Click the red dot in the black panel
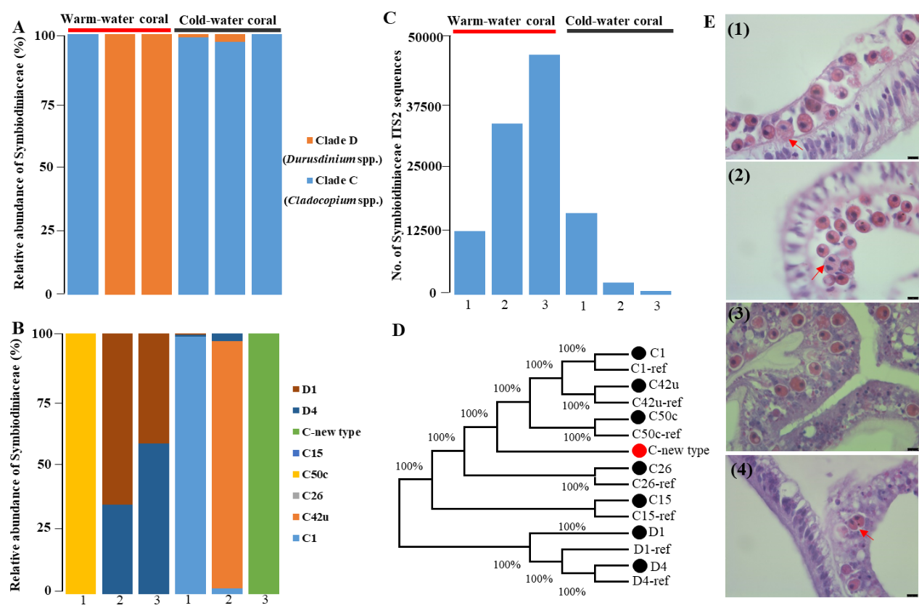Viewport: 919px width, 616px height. (x=639, y=451)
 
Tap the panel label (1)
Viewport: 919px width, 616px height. (x=738, y=30)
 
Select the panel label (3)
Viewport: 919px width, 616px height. (x=738, y=314)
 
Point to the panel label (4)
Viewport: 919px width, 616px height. (x=741, y=469)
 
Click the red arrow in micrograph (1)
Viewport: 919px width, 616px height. (x=796, y=144)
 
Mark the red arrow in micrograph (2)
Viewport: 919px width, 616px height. (x=817, y=273)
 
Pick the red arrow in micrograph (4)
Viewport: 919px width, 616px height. (x=866, y=535)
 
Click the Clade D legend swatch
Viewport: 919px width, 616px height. (x=310, y=140)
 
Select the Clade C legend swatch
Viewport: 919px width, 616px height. (x=310, y=180)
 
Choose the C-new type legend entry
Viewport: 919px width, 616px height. (x=331, y=432)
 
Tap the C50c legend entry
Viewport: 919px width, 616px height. (x=316, y=475)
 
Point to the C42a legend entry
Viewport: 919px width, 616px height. (x=316, y=517)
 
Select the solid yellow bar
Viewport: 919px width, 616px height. (x=81, y=463)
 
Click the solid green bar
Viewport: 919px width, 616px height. (x=264, y=463)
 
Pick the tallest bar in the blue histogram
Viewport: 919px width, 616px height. (x=544, y=174)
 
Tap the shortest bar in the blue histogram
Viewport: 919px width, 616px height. (x=656, y=293)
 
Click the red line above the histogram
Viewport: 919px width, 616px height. (x=504, y=31)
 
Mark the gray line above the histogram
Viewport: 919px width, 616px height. (x=619, y=30)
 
